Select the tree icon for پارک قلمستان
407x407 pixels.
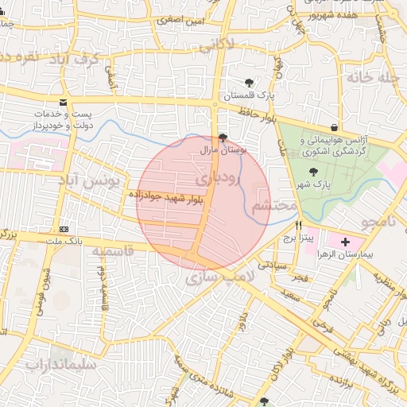pos(250,83)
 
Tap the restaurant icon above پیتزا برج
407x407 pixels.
pos(298,225)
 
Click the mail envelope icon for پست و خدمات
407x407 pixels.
pos(64,103)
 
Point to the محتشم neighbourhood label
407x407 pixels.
pos(273,206)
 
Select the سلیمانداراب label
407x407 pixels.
pos(60,365)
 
